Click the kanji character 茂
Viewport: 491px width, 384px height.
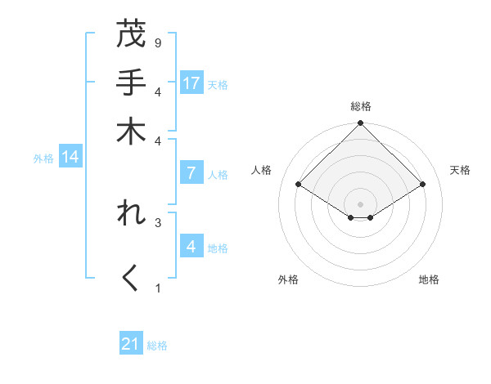(x=132, y=35)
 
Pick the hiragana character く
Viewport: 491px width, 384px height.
(x=132, y=278)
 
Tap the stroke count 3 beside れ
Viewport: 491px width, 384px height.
(x=157, y=221)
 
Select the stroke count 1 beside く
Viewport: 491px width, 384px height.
(x=157, y=288)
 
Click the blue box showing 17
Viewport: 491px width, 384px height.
(x=191, y=83)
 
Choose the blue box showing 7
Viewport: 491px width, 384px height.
(x=191, y=173)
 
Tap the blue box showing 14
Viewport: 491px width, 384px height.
(x=70, y=158)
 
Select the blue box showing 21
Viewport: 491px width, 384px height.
(x=131, y=344)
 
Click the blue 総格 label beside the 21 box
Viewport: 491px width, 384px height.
(x=157, y=346)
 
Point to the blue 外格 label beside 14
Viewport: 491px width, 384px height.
(x=43, y=159)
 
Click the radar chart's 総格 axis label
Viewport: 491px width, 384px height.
(x=360, y=106)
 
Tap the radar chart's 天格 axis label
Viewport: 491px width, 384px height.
(x=460, y=170)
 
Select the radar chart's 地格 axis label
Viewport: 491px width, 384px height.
(x=429, y=279)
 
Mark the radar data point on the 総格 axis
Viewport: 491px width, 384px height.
(x=360, y=124)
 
